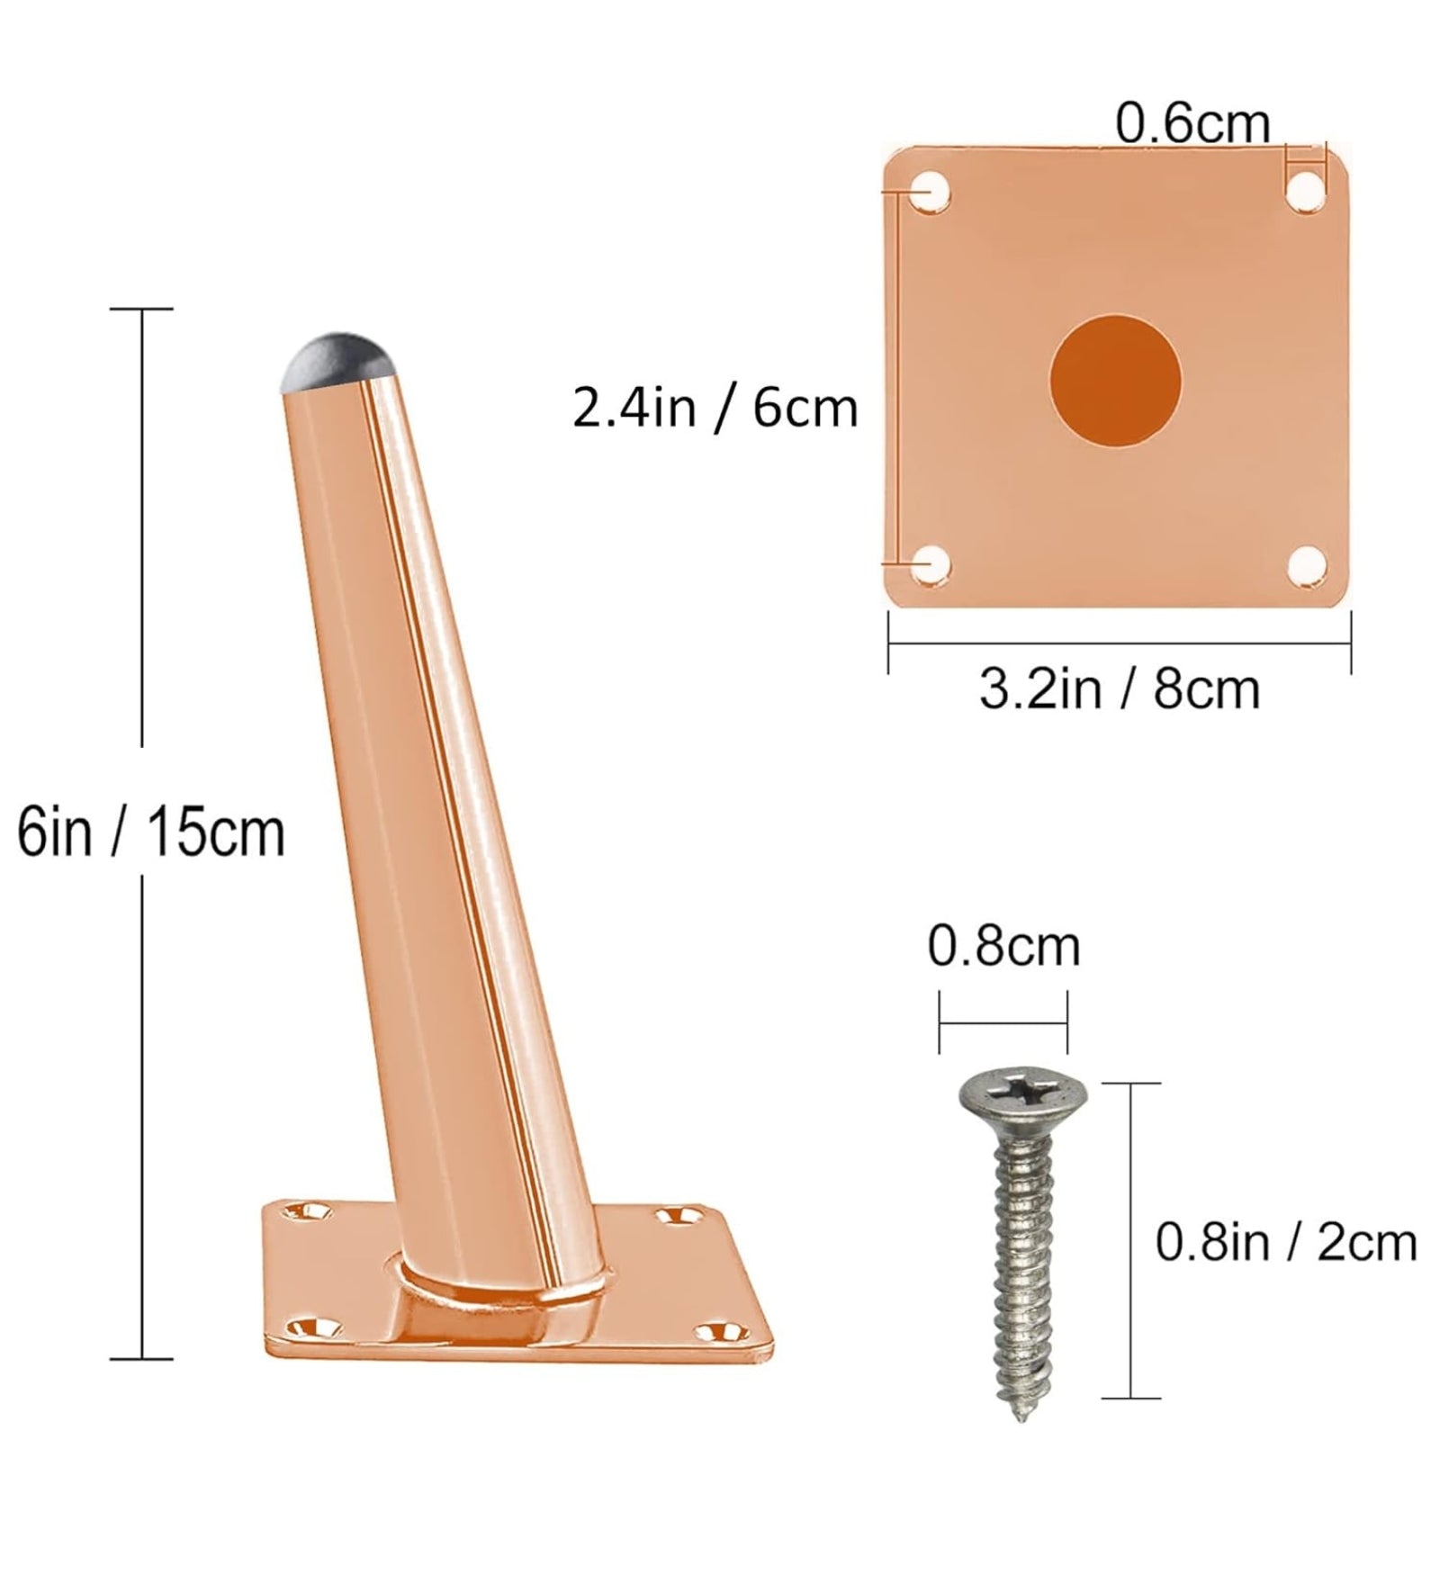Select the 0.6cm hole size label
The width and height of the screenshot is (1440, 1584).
click(x=1192, y=123)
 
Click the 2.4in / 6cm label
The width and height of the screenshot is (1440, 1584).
click(x=715, y=409)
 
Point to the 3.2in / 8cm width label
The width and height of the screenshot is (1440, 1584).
click(x=1119, y=690)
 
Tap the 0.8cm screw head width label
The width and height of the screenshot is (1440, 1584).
click(x=1003, y=947)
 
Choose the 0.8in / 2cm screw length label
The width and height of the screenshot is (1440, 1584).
click(x=1285, y=1243)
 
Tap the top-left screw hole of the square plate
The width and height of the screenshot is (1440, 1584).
click(x=928, y=192)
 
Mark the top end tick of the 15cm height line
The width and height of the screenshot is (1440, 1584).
click(x=141, y=309)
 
